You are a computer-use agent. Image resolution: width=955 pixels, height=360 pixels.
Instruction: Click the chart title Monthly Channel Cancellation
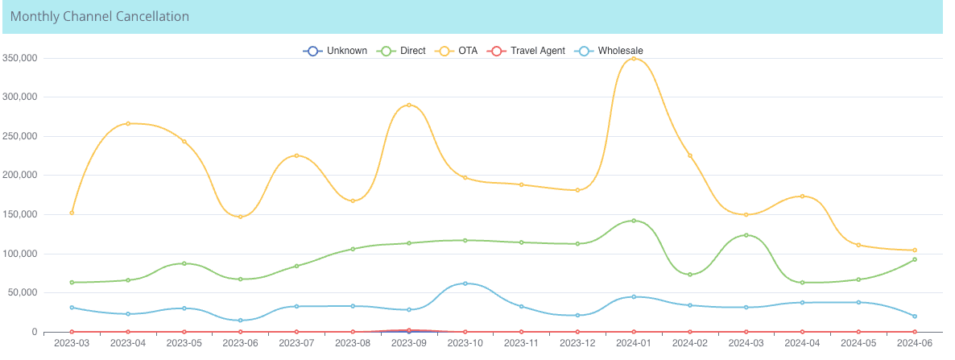100,16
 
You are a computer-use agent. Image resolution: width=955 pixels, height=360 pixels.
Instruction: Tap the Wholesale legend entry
610,51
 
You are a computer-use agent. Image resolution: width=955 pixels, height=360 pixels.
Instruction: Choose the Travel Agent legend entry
527,51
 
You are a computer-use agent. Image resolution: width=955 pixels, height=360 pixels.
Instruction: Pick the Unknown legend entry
336,51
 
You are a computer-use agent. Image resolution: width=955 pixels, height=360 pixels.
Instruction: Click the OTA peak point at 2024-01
634,59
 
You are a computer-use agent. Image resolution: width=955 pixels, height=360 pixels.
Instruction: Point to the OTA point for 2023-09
409,105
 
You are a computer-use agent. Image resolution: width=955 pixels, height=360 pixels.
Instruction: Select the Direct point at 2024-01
634,221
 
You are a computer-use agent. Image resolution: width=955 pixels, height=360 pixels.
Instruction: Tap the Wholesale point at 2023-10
465,283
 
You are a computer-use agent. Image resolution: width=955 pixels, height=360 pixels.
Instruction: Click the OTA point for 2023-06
240,217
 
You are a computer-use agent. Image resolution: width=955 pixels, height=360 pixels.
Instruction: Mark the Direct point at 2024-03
746,235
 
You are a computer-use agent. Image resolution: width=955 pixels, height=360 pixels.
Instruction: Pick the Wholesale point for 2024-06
915,316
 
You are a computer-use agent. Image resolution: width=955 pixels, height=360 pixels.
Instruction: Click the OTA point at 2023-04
128,123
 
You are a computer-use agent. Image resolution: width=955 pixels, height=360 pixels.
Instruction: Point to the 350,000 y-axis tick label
21,58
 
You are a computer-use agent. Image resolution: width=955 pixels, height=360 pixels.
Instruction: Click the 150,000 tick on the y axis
21,214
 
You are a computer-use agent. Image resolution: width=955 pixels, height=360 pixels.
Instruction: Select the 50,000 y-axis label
23,292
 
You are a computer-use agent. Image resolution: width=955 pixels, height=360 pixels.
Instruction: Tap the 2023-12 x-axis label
577,343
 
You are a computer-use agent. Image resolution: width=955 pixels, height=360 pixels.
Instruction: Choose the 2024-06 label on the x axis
915,343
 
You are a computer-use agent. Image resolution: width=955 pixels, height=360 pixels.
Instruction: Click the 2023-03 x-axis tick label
72,343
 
